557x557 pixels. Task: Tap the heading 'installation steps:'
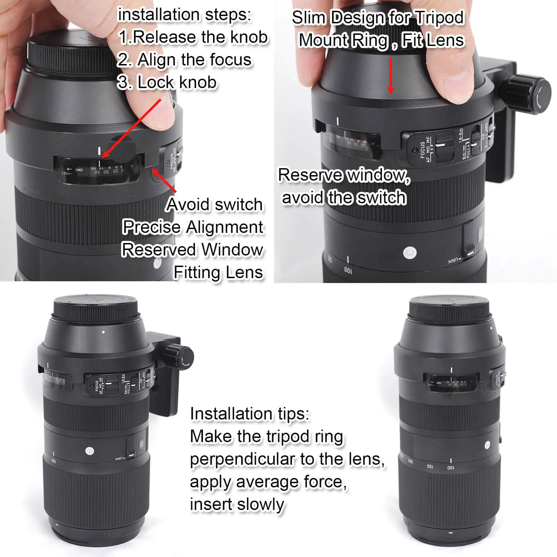184,15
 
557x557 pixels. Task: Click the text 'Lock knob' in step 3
177,83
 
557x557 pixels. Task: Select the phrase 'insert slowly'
237,504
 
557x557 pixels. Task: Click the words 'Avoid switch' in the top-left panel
214,204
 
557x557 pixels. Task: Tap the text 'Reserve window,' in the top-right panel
344,175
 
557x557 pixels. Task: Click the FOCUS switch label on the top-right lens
422,150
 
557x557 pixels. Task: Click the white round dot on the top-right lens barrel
409,253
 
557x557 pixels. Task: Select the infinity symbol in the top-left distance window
79,170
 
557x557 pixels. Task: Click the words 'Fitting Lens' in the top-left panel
218,272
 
